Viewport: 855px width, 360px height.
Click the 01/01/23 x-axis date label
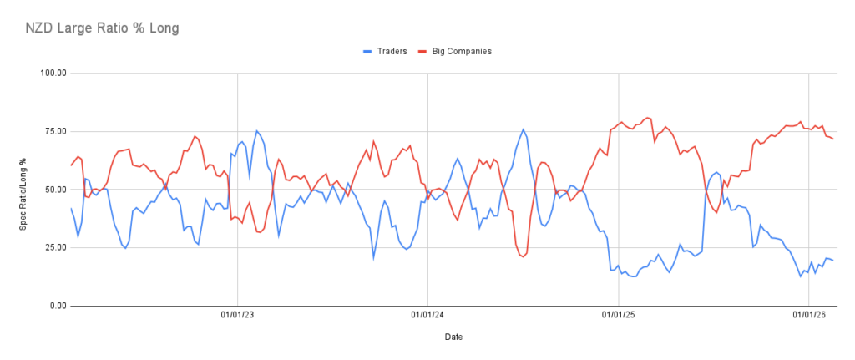coord(237,316)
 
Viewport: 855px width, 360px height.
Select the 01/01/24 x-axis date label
coord(427,316)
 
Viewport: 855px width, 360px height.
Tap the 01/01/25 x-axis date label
coord(618,316)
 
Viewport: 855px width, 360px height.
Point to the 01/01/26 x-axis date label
coord(808,316)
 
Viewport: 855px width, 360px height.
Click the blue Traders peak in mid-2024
coord(523,129)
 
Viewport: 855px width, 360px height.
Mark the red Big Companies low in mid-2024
coord(523,256)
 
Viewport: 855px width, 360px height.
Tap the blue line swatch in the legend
coord(368,51)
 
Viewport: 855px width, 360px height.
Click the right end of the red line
coord(832,139)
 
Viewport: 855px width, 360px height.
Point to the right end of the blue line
coord(832,261)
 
